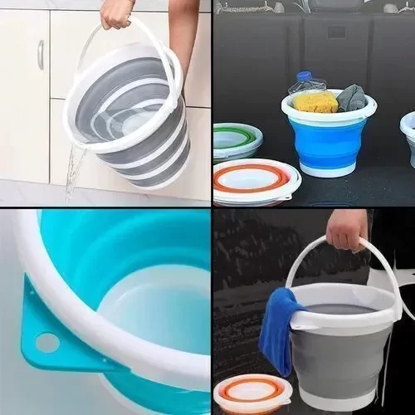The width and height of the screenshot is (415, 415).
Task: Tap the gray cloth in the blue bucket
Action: pos(350,97)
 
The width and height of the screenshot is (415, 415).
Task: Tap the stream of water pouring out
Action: pos(74,170)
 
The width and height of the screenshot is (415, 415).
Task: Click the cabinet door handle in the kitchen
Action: pos(40,55)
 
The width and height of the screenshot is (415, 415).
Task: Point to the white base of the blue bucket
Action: pos(328,169)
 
